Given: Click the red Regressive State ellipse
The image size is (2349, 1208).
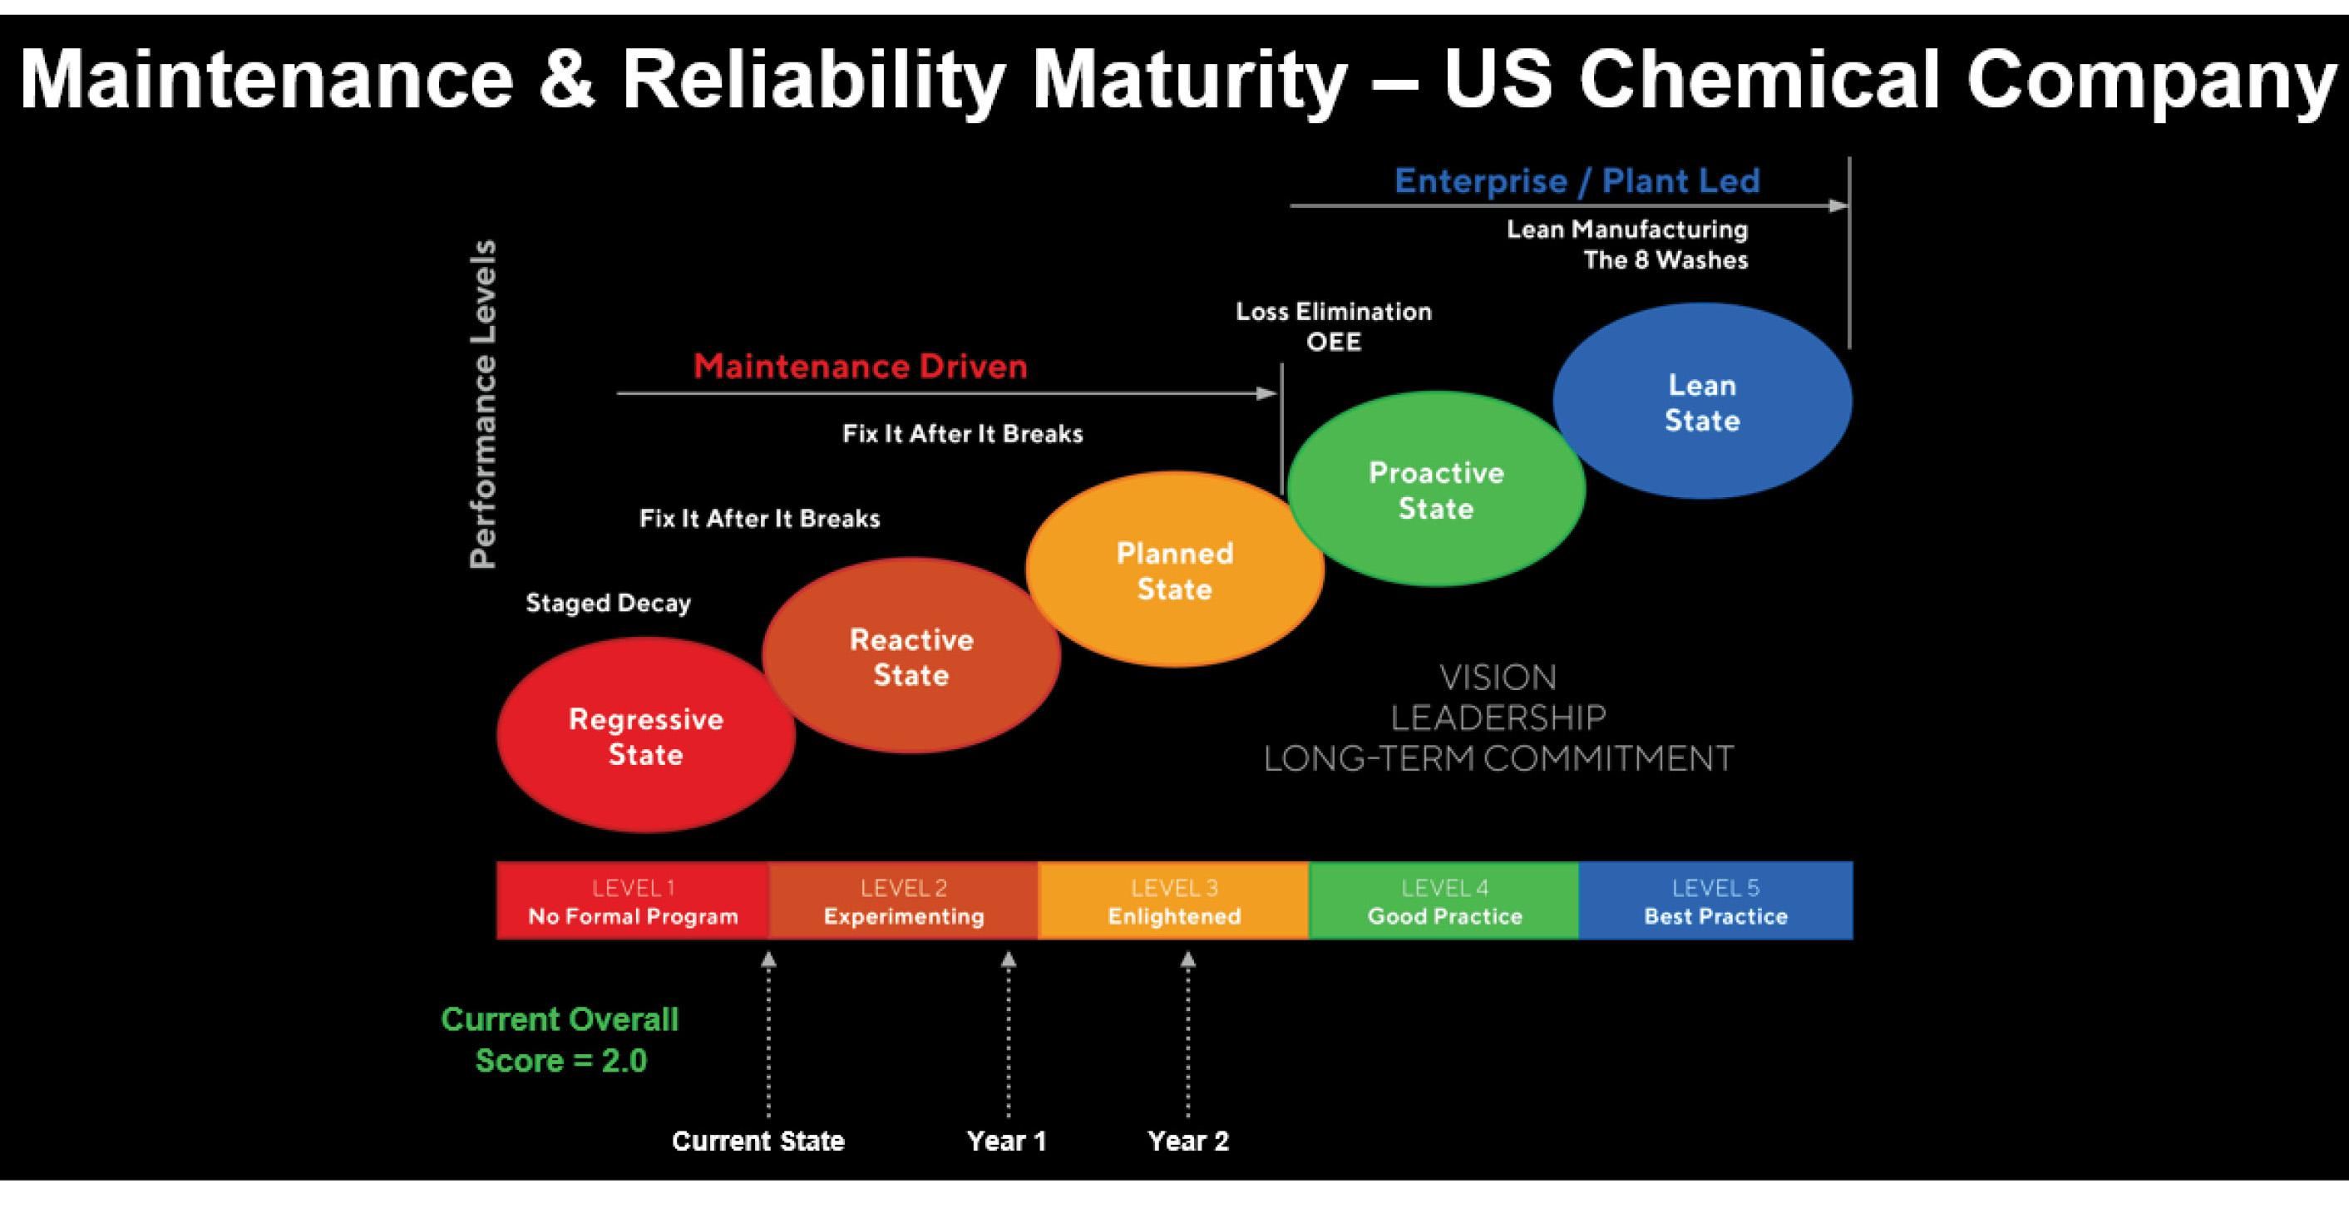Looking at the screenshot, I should point(645,736).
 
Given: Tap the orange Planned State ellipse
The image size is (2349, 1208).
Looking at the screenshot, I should point(1174,569).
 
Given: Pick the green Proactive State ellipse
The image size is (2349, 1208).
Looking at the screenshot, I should point(1436,490).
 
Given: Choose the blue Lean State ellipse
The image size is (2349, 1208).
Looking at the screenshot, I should point(1701,402).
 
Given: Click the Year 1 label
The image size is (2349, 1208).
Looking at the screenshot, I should point(1007,1141).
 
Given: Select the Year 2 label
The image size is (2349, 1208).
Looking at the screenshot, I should point(1188,1141).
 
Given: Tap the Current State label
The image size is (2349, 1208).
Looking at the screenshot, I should point(758,1141).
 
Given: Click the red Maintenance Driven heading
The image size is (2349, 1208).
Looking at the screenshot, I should point(860,367).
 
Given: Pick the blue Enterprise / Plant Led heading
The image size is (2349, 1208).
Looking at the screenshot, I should point(1577,181).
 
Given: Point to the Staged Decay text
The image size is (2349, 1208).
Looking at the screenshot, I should point(608,603).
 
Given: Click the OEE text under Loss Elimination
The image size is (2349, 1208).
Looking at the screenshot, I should point(1333,342).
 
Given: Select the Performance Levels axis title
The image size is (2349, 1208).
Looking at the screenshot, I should point(483,404).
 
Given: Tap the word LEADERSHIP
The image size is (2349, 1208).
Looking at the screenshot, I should point(1498,718).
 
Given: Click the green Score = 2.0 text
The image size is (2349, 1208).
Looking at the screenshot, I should point(560,1060).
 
